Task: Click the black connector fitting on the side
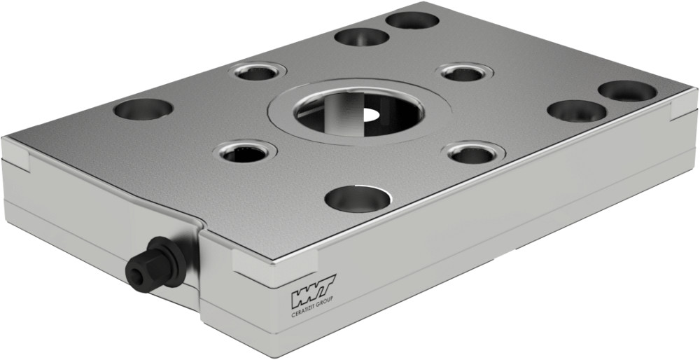point(151,262)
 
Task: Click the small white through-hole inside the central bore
point(370,113)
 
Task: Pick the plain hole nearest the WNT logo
point(357,198)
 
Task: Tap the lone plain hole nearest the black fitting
point(143,109)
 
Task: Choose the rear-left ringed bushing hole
point(258,71)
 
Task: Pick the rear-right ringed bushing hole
point(465,72)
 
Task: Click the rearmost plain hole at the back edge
point(412,20)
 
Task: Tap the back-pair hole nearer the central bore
point(361,36)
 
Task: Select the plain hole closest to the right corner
point(627,90)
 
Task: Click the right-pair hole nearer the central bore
point(577,110)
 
